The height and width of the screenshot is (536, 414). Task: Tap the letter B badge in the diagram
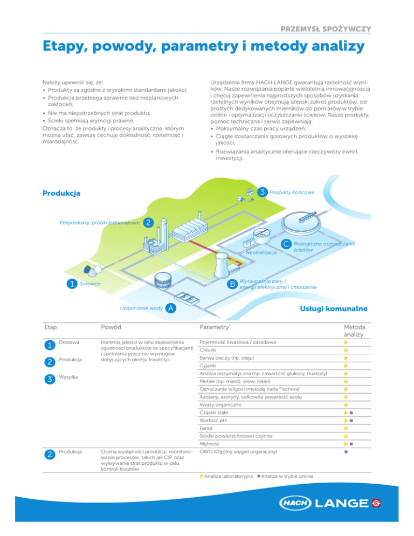coord(232,284)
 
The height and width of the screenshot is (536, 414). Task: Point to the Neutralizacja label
coord(261,252)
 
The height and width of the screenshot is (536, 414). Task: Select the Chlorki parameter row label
coord(208,351)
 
